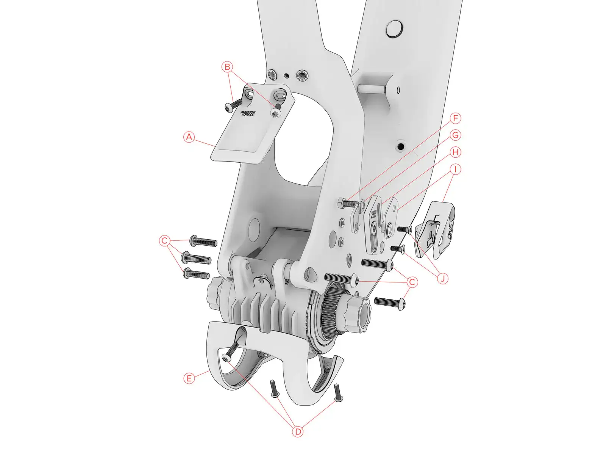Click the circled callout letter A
pyautogui.click(x=189, y=137)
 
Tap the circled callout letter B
pyautogui.click(x=227, y=67)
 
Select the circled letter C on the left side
pyautogui.click(x=164, y=241)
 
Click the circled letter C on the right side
pyautogui.click(x=412, y=282)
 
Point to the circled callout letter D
pyautogui.click(x=298, y=431)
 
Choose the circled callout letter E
pyautogui.click(x=189, y=378)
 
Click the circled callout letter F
pyautogui.click(x=456, y=118)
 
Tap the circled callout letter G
pyautogui.click(x=456, y=135)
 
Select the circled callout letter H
pyautogui.click(x=456, y=152)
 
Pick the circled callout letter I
pyautogui.click(x=456, y=169)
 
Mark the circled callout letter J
pyautogui.click(x=442, y=279)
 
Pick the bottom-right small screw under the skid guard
pyautogui.click(x=338, y=393)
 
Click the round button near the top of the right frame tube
pyautogui.click(x=394, y=29)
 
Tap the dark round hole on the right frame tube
pyautogui.click(x=401, y=146)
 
